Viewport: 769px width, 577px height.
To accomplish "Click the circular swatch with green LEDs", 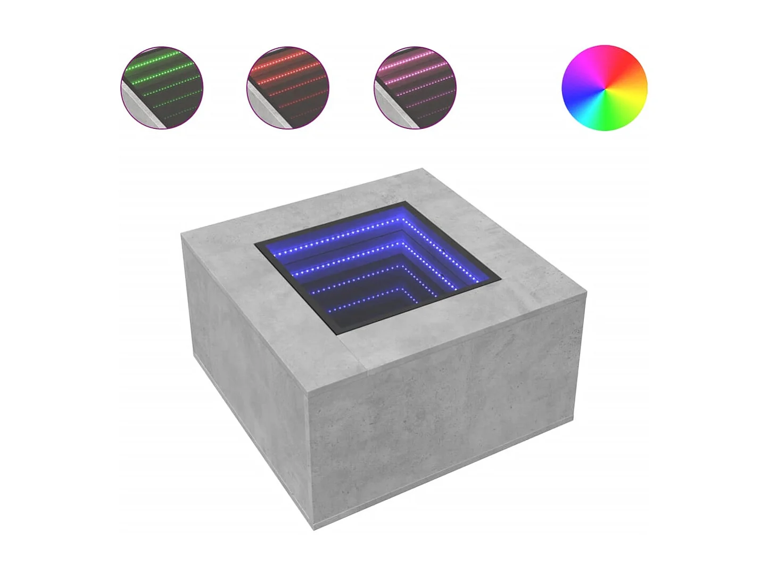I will (162, 88).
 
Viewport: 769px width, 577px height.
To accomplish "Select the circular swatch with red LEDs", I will (288, 88).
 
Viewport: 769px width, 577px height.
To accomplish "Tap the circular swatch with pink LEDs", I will (415, 88).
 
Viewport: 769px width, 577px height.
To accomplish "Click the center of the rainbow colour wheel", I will (605, 88).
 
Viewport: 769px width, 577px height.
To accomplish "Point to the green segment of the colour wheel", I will (623, 115).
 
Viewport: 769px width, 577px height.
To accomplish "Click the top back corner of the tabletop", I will (424, 169).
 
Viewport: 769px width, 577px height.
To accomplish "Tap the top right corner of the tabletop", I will (586, 290).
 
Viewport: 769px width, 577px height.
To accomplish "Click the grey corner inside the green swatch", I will (136, 109).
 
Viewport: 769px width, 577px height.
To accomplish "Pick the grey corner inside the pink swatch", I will (388, 109).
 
